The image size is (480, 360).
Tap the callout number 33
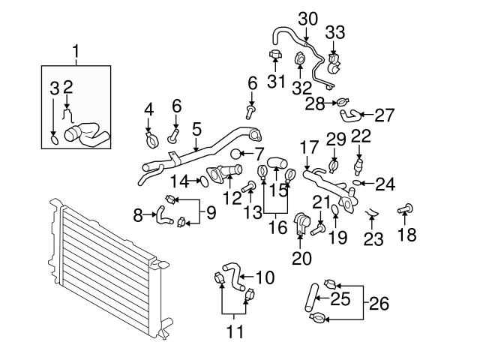(x=335, y=31)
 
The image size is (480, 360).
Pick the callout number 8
(x=138, y=216)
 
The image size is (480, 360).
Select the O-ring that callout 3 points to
(x=53, y=138)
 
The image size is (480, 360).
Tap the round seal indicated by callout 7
(x=236, y=154)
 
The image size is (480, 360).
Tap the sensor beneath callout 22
(x=358, y=162)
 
